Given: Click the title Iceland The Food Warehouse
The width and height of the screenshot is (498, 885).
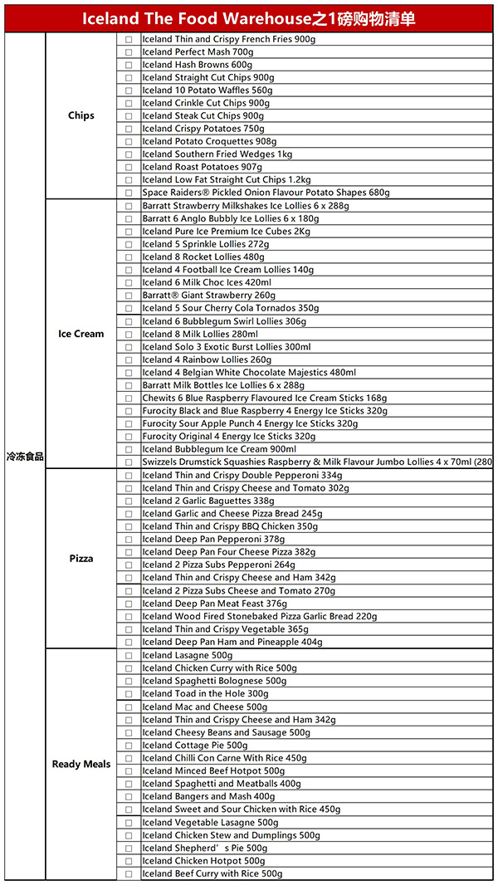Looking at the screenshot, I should coord(248,17).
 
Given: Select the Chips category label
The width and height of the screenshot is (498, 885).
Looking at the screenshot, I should coord(81,115).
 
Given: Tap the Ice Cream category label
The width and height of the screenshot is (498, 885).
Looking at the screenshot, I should coord(81,334).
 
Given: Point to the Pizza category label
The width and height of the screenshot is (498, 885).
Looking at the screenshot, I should coord(81,559).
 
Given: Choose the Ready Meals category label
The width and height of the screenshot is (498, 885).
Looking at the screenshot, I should coord(81,764).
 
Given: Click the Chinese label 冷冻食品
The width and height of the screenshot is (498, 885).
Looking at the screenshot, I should coord(25,457).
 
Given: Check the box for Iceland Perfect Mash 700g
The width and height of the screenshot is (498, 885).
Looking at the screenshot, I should coord(129,52).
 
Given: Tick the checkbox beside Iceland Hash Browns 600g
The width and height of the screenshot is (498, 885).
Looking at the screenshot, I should coord(129,65).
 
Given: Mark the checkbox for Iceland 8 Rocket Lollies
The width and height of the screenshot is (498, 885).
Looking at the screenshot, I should coord(129,257).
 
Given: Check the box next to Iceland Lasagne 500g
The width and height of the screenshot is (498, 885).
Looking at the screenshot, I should coord(129,656).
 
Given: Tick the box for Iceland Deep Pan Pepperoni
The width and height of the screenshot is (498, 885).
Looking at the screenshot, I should coord(129,540).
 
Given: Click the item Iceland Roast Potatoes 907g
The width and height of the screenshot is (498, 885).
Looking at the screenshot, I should coord(202,167).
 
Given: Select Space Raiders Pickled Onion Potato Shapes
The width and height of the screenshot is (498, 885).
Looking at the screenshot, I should coord(265,193).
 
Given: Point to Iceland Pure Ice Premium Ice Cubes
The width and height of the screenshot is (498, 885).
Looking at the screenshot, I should coord(226,232).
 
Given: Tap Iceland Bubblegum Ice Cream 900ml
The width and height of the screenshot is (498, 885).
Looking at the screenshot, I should coord(218,449).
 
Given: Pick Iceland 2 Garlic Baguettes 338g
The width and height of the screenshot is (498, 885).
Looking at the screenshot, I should coord(207,501).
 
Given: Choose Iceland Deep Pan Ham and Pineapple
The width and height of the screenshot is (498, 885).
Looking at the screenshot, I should coord(232,643).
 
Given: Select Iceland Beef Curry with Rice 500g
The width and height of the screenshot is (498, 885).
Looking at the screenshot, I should coord(212,873).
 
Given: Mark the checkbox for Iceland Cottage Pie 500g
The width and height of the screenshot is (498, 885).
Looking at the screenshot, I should coord(129,746).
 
